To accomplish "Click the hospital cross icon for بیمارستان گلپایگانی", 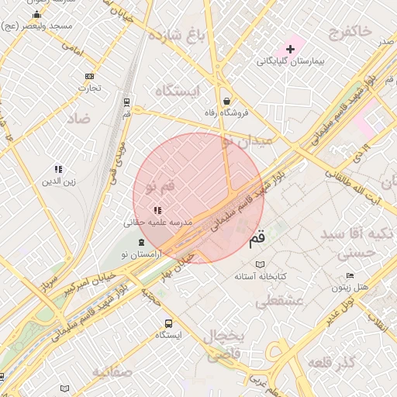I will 290,49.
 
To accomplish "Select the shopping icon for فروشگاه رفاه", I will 226,101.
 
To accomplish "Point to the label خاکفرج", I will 350,31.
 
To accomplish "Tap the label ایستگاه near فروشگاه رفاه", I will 178,91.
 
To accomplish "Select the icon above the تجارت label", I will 89,76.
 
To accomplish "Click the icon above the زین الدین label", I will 58,169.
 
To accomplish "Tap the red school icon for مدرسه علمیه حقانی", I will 157,209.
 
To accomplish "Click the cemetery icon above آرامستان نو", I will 140,243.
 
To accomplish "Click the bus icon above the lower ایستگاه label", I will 167,323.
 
